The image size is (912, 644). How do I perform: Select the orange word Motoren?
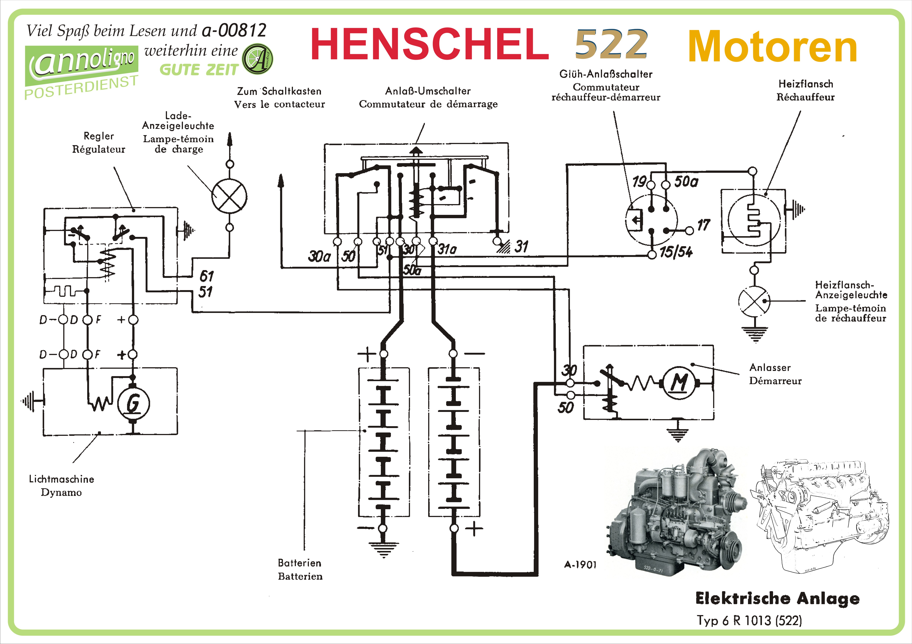772,47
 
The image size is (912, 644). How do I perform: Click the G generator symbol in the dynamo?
133,404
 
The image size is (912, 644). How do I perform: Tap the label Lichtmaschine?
62,479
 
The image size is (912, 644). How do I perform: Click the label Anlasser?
770,367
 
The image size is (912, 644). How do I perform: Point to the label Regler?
99,136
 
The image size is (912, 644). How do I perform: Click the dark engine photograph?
675,512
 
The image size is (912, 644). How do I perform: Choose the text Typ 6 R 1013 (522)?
749,620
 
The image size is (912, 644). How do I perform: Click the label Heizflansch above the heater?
806,84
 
